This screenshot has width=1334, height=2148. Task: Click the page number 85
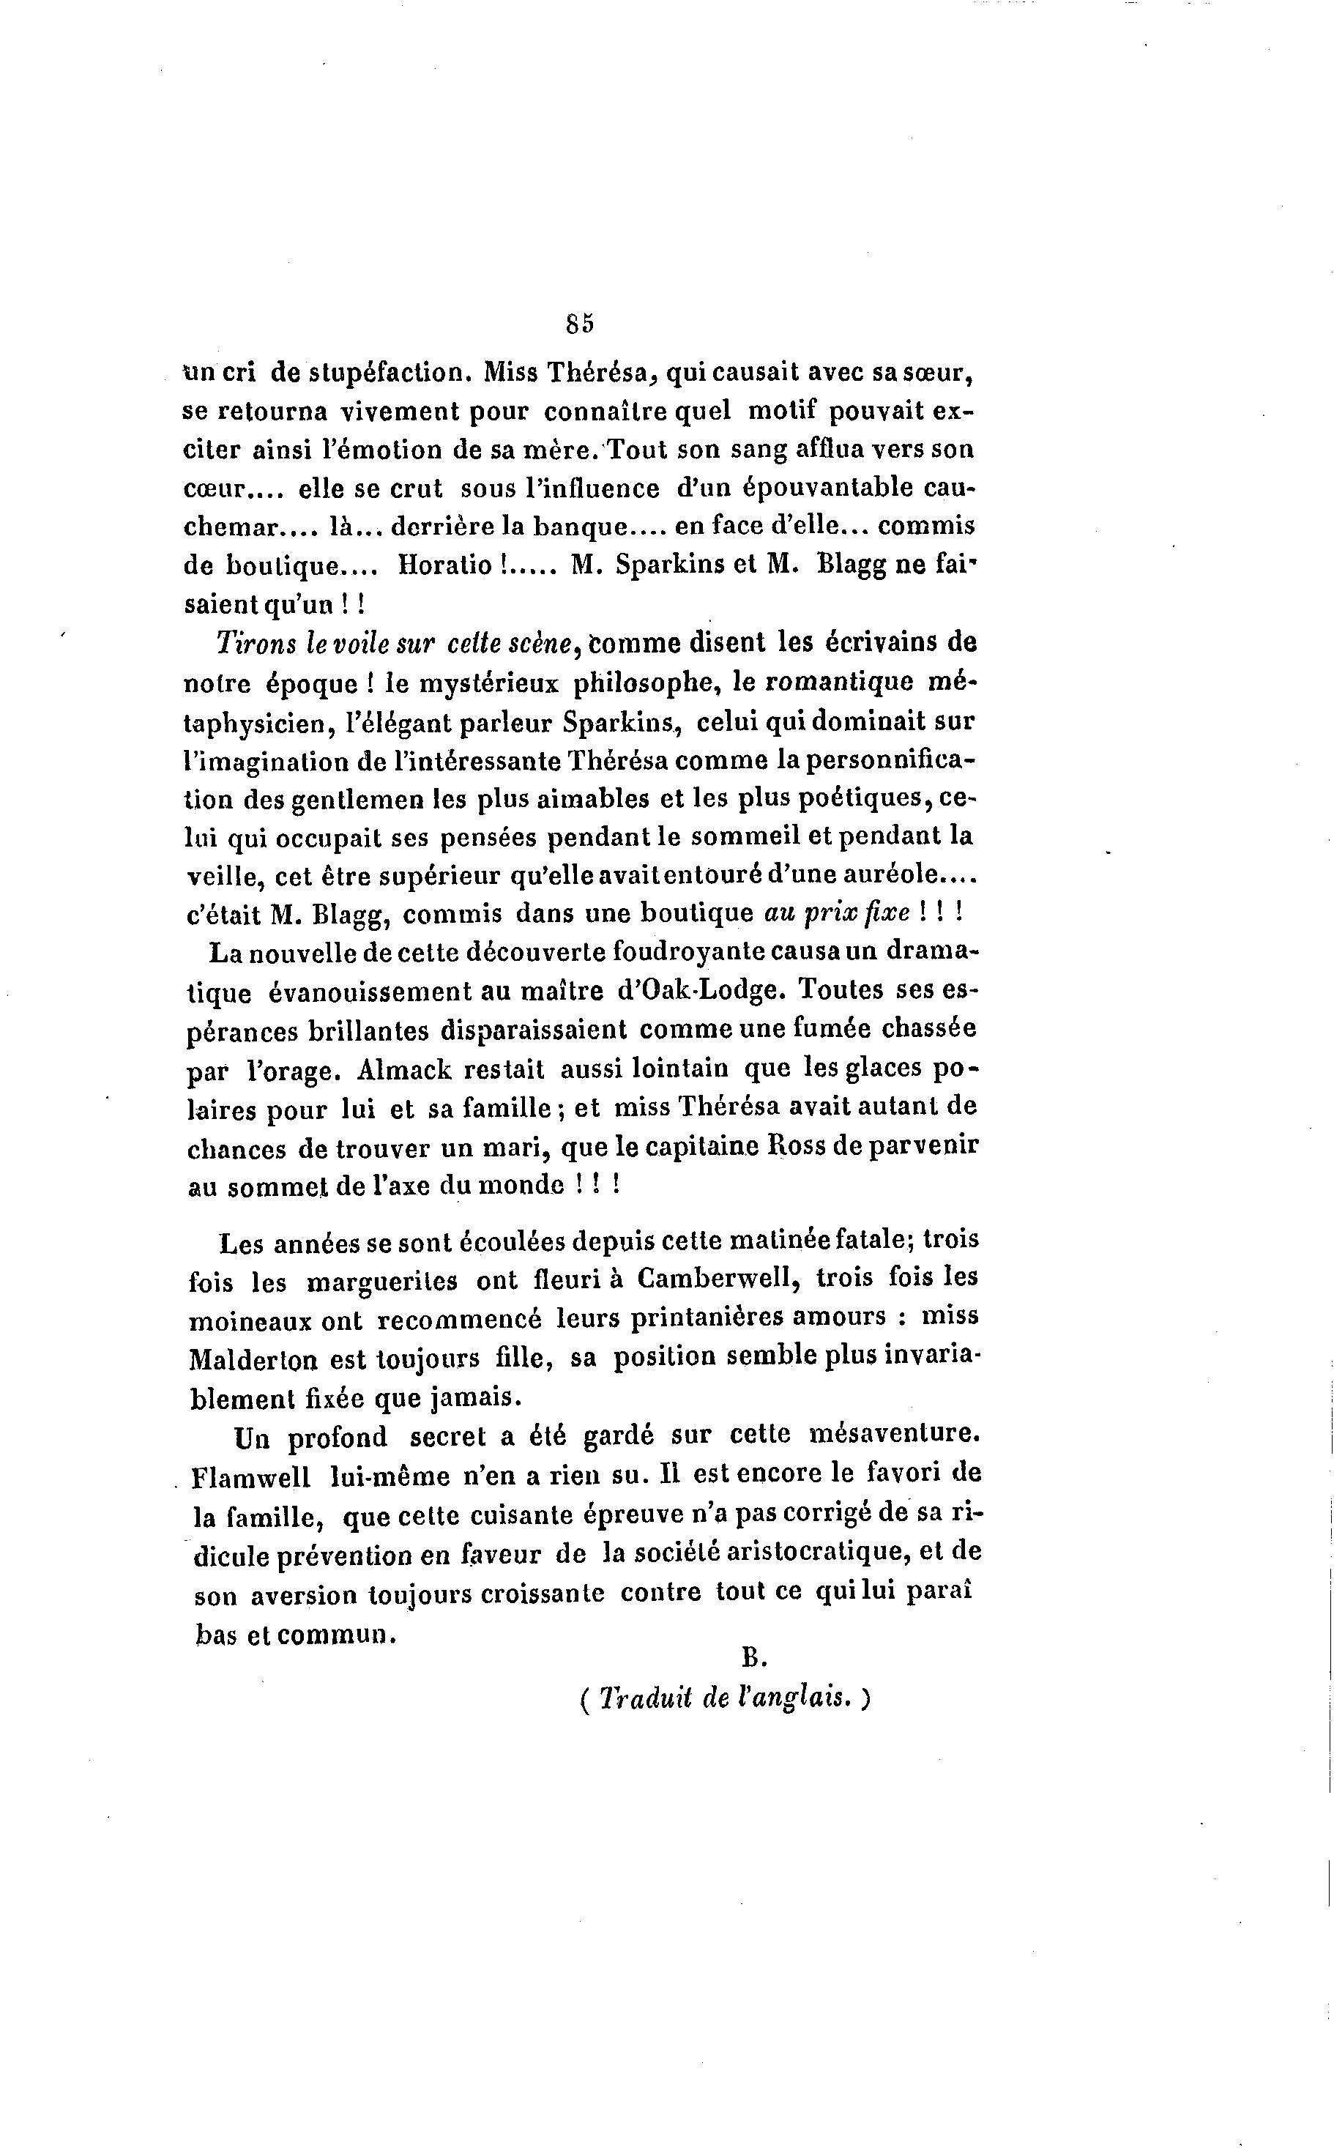pyautogui.click(x=580, y=323)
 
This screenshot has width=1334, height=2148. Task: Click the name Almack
pyautogui.click(x=405, y=1069)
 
